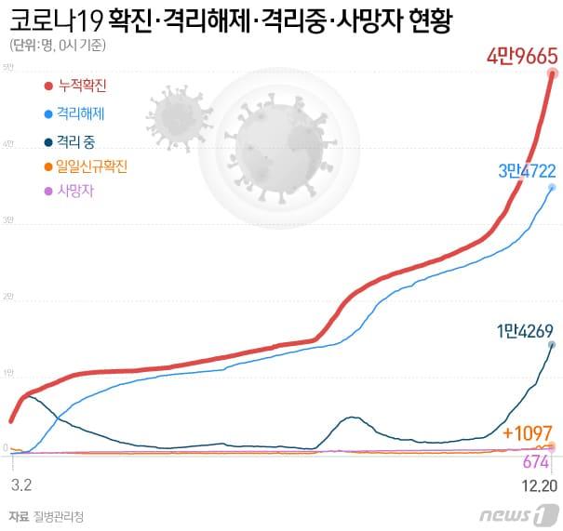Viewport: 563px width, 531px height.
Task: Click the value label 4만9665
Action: click(x=521, y=56)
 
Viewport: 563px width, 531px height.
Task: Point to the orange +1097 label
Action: click(x=527, y=432)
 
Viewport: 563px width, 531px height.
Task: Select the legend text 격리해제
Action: click(x=80, y=114)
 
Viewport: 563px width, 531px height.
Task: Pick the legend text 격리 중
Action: click(x=76, y=141)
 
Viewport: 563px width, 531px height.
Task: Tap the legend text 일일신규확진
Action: click(x=91, y=166)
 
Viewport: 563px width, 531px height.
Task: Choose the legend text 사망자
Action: click(x=74, y=191)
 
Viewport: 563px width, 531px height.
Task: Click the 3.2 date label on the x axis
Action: click(x=21, y=485)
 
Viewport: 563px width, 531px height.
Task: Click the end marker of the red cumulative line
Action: click(x=553, y=73)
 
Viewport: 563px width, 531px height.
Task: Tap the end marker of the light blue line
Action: click(x=553, y=187)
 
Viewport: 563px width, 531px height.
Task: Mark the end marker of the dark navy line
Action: click(x=552, y=345)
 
